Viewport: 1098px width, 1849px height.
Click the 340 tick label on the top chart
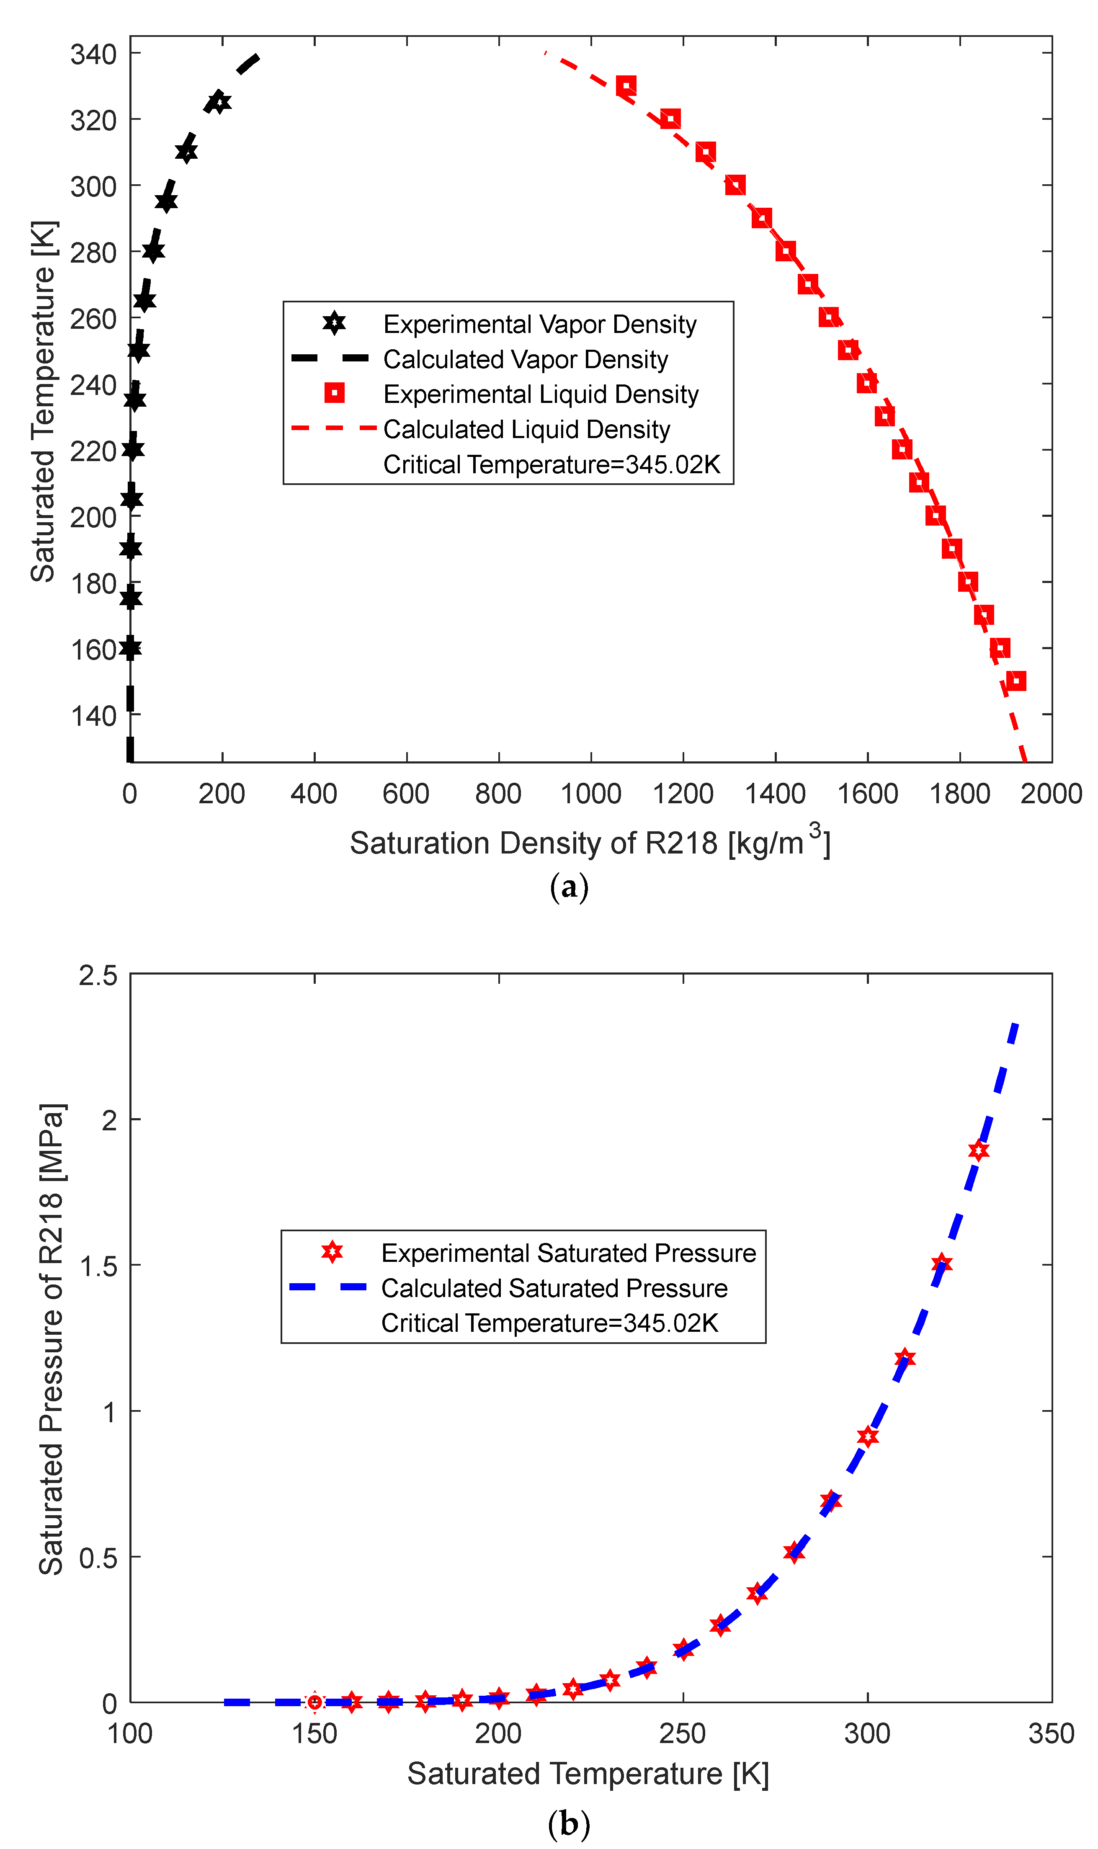point(93,54)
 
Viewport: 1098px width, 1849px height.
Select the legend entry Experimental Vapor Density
point(539,324)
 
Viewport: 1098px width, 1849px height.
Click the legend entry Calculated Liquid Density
point(526,429)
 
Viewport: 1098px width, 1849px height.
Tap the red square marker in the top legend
point(335,394)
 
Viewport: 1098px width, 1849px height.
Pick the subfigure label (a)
point(569,887)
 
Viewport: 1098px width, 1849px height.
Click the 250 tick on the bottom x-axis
point(683,1733)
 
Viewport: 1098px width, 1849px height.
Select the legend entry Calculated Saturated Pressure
point(554,1288)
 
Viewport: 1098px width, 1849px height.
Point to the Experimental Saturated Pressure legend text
point(568,1253)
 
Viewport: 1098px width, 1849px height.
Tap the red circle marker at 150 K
point(314,1702)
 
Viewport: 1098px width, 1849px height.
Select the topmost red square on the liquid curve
point(626,86)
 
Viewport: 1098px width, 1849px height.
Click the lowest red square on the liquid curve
point(1017,681)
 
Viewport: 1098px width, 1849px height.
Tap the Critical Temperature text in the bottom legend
point(549,1323)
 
